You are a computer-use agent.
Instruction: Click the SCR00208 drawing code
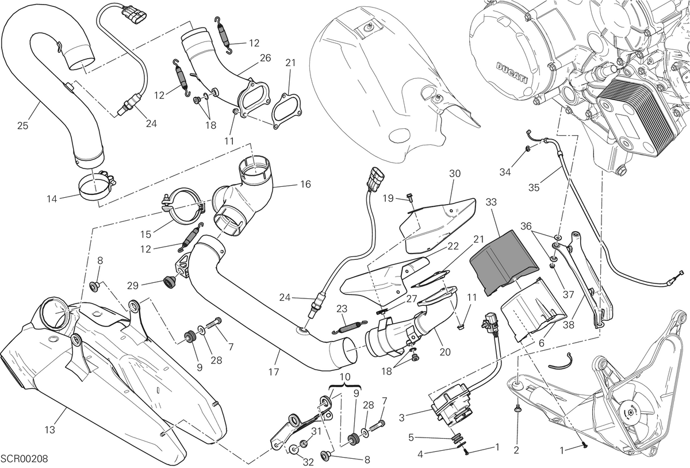(x=24, y=459)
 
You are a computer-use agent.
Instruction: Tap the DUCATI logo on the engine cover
(x=512, y=74)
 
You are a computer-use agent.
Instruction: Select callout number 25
(x=22, y=126)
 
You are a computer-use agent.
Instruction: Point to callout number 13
(x=50, y=429)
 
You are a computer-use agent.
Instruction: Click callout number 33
(x=491, y=202)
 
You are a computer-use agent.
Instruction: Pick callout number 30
(x=455, y=174)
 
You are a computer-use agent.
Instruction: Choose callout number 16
(x=305, y=184)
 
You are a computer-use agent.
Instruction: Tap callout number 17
(x=274, y=372)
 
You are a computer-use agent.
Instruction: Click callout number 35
(x=534, y=187)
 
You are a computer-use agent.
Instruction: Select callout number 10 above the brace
(x=346, y=377)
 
